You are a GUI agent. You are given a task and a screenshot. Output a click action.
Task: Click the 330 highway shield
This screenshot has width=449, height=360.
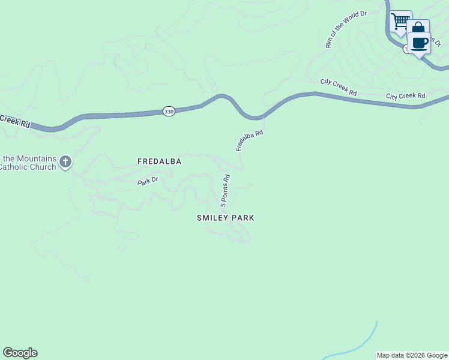point(169,112)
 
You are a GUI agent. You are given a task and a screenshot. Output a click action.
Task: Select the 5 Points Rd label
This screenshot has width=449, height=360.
point(226,191)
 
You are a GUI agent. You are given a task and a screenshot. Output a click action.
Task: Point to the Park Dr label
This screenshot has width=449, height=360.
point(146,180)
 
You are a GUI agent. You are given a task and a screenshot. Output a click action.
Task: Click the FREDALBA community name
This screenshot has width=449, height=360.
point(159,161)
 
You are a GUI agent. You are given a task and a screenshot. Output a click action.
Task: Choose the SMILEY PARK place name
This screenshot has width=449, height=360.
point(226,218)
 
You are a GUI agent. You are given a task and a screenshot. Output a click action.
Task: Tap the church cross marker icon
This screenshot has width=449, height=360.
point(65,161)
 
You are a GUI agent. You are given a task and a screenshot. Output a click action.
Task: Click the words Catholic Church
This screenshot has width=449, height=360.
point(28,167)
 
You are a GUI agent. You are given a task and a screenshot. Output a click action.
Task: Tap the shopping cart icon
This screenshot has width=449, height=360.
point(400,21)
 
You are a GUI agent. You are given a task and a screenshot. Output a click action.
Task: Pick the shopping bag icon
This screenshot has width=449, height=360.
point(418,29)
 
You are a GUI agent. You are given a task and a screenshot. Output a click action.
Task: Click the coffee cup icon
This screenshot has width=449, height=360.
point(420,43)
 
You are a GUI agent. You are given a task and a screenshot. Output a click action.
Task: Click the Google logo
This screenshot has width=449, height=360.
point(20,353)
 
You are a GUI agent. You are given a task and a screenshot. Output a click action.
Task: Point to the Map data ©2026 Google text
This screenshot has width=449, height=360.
point(412,355)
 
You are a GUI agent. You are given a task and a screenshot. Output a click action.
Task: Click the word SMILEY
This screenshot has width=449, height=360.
point(211,218)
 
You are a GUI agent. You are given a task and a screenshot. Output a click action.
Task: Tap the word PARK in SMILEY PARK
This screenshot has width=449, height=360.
point(241,218)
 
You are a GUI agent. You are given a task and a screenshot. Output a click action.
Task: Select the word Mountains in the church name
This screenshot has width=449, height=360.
point(37,158)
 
